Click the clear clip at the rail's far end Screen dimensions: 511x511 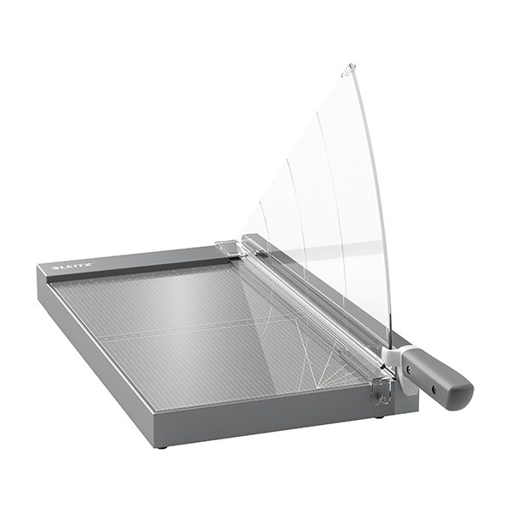pyautogui.click(x=228, y=247)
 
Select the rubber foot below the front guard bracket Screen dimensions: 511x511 pyautogui.click(x=379, y=416)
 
